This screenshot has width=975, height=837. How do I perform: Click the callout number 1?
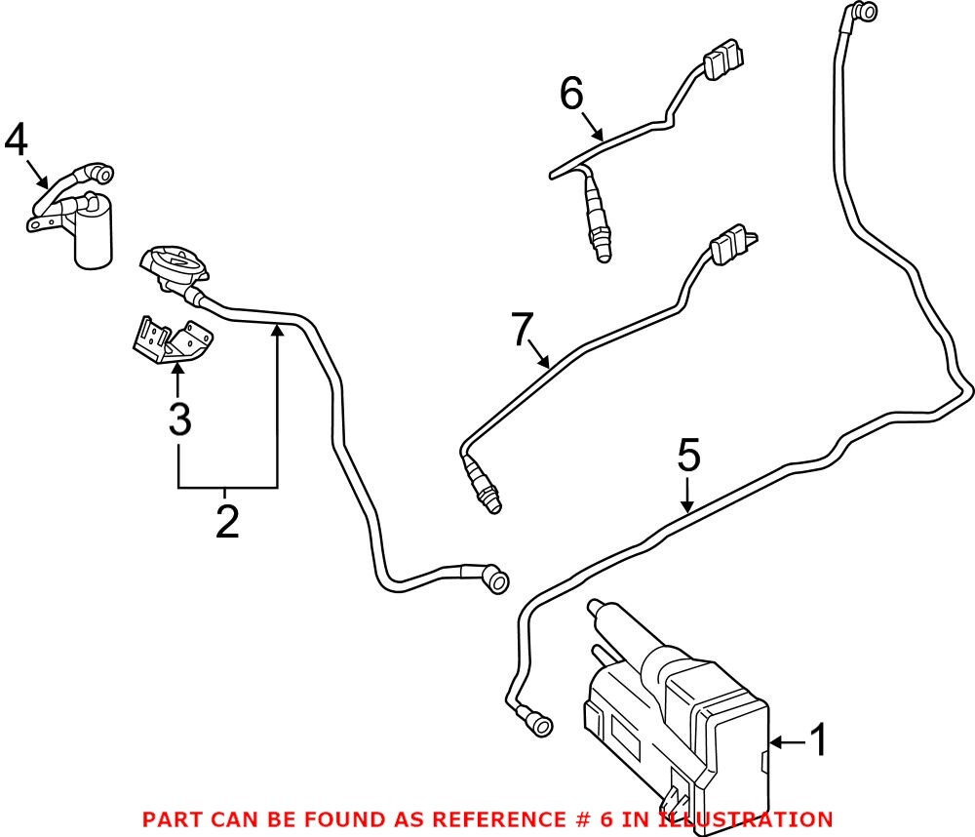pos(819,741)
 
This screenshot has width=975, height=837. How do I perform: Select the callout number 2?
pos(226,522)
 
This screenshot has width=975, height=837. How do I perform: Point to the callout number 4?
pos(16,141)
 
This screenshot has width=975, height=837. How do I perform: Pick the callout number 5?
pos(689,457)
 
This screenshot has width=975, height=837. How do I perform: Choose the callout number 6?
pos(572,95)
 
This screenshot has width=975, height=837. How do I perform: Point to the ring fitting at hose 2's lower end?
pos(496,582)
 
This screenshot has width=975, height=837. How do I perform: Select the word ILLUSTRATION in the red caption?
pos(746,819)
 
